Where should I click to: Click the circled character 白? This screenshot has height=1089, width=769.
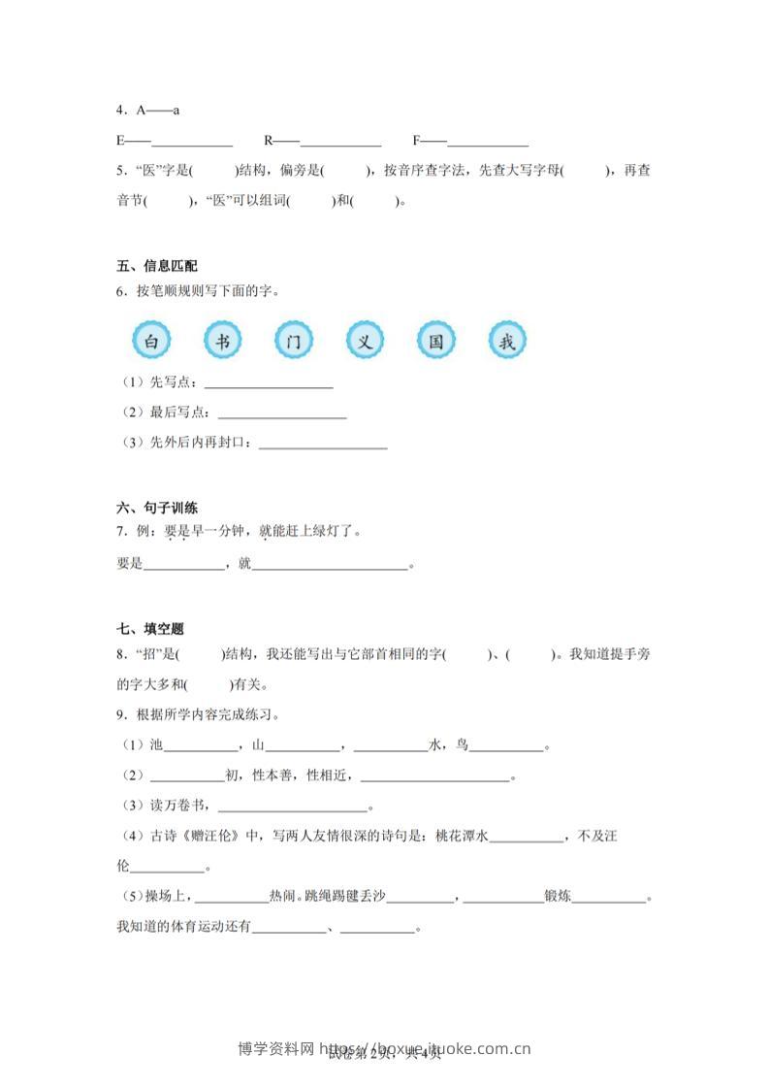(150, 342)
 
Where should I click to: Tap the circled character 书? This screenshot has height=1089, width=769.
(222, 342)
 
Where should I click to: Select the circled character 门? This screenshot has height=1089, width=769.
(294, 342)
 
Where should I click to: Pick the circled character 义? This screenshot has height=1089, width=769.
(365, 342)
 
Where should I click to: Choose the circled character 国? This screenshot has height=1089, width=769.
(436, 342)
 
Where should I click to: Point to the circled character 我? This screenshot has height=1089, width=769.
(507, 342)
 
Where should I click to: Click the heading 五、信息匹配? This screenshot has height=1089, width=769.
(157, 266)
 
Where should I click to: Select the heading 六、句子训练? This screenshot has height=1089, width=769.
(157, 508)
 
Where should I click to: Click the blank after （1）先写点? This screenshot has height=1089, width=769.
(269, 386)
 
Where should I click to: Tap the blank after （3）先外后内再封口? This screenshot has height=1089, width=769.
(323, 447)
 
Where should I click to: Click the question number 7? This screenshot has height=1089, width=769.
(119, 532)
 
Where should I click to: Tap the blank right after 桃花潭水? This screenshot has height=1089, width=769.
(527, 841)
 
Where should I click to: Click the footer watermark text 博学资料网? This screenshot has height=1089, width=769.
(275, 1048)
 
